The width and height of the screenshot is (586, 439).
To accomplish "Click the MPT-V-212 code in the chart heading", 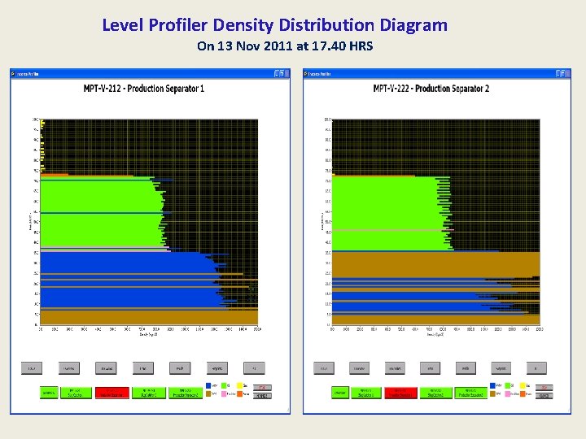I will pos(108,88).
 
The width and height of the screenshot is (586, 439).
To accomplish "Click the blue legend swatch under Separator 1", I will pos(211,385).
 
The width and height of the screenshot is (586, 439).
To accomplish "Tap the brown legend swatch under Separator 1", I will pos(211,394).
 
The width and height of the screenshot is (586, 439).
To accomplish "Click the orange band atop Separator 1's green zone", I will pos(55,174).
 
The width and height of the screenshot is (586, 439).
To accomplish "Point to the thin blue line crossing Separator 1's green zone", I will pos(98,213).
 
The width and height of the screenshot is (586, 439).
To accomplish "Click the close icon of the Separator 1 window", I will pos(284,73).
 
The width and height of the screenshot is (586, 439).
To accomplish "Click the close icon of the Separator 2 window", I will pos(566,73).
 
